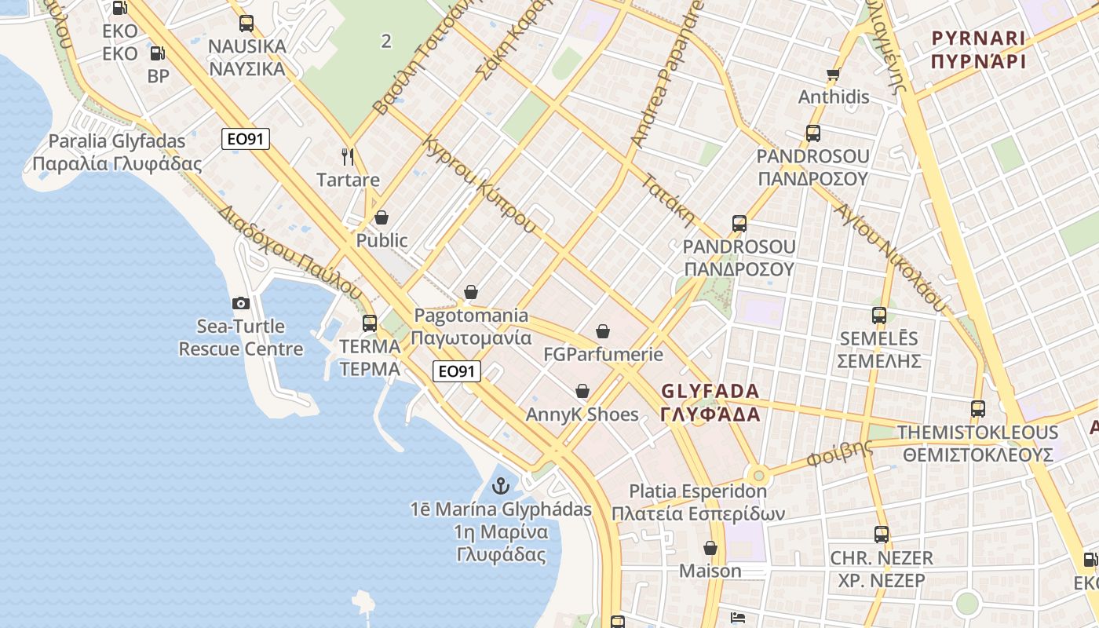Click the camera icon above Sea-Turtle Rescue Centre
(x=241, y=303)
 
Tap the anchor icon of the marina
(x=500, y=486)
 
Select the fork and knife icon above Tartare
(x=348, y=157)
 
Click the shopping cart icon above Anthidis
(x=833, y=75)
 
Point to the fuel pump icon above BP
(x=157, y=53)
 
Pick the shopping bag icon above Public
(x=382, y=217)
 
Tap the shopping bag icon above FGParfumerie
(x=603, y=331)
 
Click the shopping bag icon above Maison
(x=710, y=548)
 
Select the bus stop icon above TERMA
(x=370, y=323)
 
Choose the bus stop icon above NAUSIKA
(x=246, y=24)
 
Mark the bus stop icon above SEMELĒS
(x=879, y=316)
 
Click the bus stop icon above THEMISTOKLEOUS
(x=978, y=409)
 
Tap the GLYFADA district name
(x=710, y=402)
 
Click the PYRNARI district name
(x=978, y=49)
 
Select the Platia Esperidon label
(x=698, y=502)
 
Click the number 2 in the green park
(x=385, y=41)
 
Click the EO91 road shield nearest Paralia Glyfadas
(x=246, y=139)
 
